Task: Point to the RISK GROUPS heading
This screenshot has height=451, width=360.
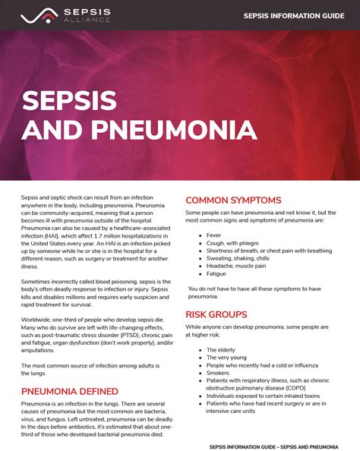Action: [216, 314]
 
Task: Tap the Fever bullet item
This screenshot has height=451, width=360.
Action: [215, 236]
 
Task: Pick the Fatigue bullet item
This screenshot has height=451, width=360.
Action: [217, 274]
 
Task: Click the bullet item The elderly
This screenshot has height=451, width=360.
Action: [222, 349]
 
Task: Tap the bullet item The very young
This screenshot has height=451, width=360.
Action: [227, 357]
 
